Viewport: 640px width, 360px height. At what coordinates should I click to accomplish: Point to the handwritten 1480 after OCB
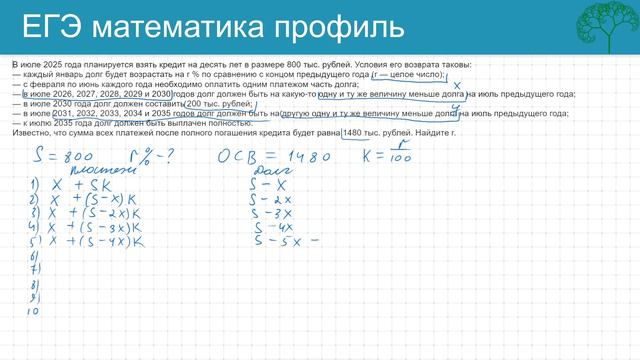click(x=306, y=157)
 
